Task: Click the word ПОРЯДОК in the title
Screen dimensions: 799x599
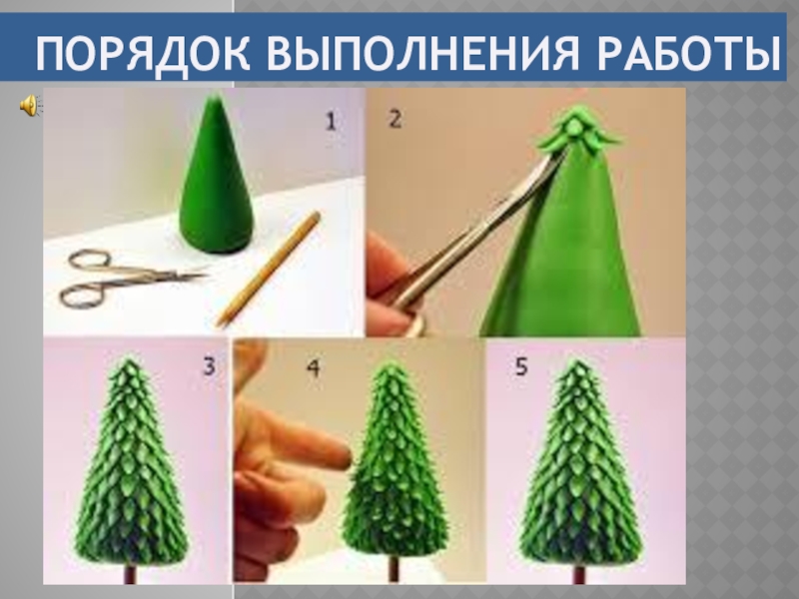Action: tap(143, 53)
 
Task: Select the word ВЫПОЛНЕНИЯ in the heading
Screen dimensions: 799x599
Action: tap(422, 53)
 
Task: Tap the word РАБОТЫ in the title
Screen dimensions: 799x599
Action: tap(688, 53)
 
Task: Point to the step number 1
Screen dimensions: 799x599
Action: tap(331, 122)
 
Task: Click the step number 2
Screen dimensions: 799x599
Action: tap(395, 119)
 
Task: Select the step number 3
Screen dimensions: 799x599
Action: tap(209, 366)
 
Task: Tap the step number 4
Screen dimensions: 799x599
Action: tap(314, 368)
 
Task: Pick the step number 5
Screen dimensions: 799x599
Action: tap(520, 366)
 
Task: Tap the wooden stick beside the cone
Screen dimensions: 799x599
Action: tap(268, 270)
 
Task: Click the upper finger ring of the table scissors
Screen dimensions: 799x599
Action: tap(90, 260)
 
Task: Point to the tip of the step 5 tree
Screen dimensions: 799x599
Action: tap(577, 360)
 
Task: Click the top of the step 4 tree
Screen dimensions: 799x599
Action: tap(392, 363)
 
